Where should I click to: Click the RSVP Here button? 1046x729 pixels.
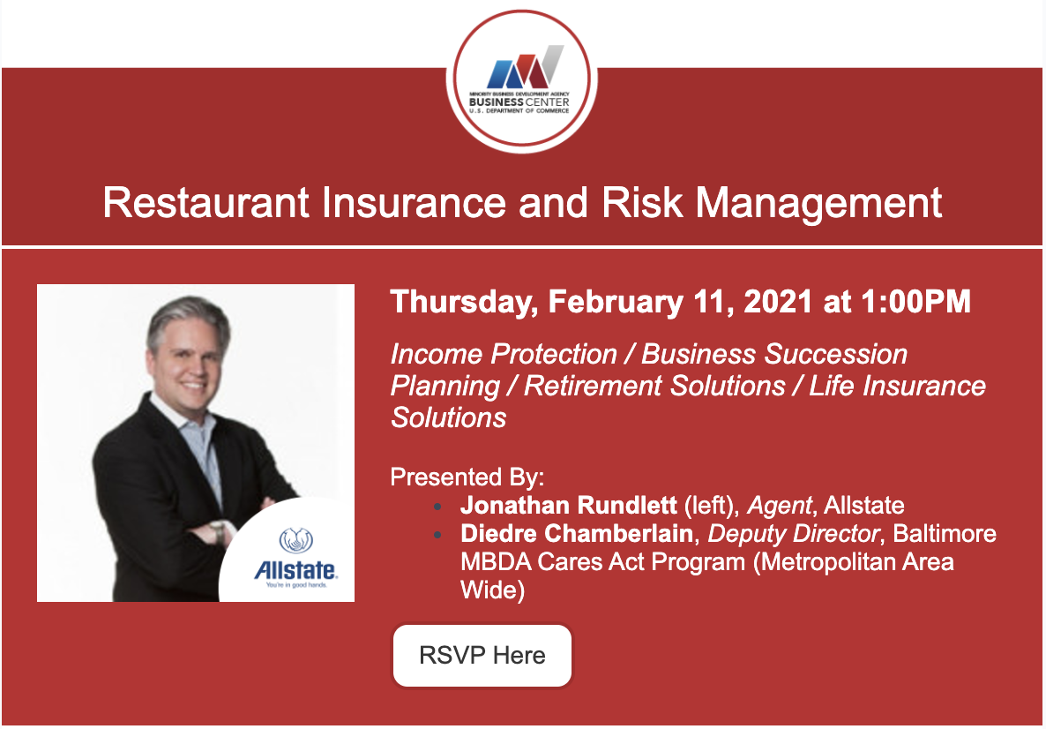pyautogui.click(x=482, y=655)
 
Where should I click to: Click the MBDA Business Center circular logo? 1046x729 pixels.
pyautogui.click(x=521, y=80)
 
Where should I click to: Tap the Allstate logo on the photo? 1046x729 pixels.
pyautogui.click(x=295, y=558)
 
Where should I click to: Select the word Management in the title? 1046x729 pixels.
pyautogui.click(x=818, y=204)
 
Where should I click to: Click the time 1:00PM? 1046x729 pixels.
pyautogui.click(x=916, y=302)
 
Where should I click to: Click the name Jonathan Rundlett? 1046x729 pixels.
pyautogui.click(x=568, y=506)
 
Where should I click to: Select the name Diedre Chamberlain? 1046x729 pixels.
pyautogui.click(x=577, y=533)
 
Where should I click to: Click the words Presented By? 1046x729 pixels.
pyautogui.click(x=467, y=477)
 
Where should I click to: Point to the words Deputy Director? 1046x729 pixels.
pyautogui.click(x=794, y=534)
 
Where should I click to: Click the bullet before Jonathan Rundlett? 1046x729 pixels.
pyautogui.click(x=437, y=507)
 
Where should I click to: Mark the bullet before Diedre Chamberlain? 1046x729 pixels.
pyautogui.click(x=437, y=535)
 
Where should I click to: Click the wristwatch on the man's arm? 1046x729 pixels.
pyautogui.click(x=218, y=532)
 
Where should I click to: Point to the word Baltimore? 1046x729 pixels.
pyautogui.click(x=945, y=533)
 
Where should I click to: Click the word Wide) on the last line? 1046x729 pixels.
pyautogui.click(x=492, y=590)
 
